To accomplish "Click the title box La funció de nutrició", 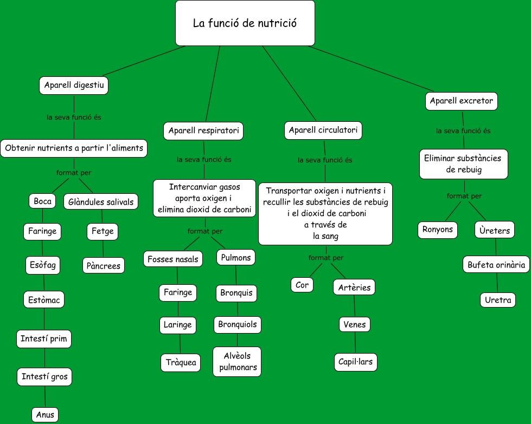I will coord(245,23).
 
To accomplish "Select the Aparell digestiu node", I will coord(74,86).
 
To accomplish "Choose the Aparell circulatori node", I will coord(323,131).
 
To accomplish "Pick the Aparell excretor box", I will coord(461,101).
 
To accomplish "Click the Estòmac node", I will coord(44,299).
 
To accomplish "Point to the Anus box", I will coord(45,415).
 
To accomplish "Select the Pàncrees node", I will coord(104,266).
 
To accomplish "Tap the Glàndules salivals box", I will coord(101,202).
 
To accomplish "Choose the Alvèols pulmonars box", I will coord(237,362).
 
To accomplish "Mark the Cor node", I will coord(302,285).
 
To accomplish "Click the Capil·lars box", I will coord(356,362).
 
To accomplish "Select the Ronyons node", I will coord(438,230).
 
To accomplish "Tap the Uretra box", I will coord(498,299).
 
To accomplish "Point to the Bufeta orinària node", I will coord(496,265).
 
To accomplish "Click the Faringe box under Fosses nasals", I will coord(178,292).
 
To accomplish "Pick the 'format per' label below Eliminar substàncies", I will coord(464,196).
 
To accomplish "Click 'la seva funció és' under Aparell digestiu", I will coord(74,117).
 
